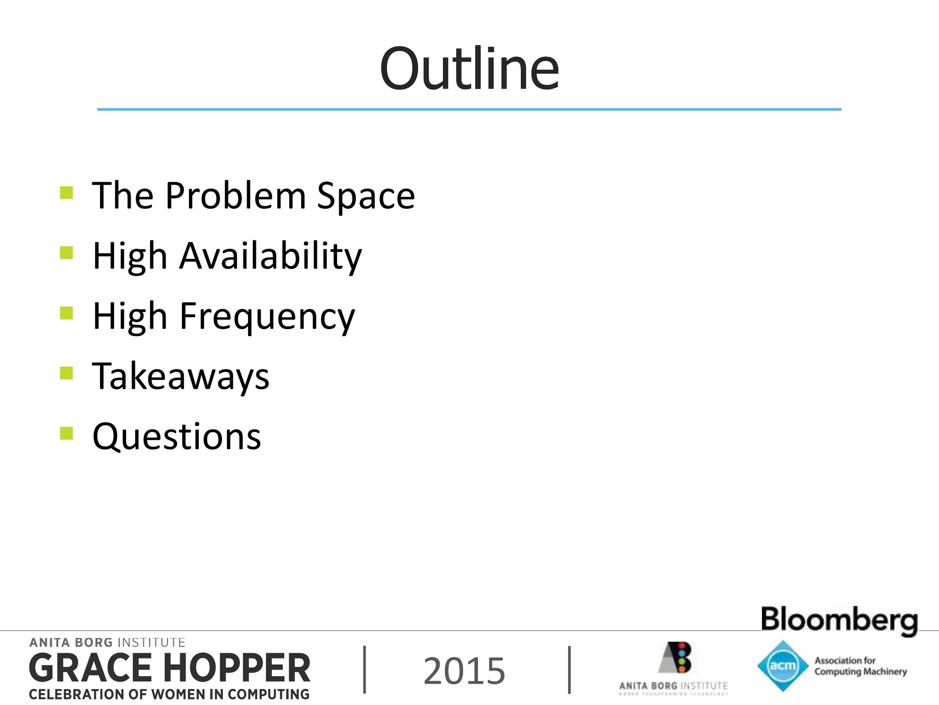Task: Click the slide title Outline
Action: click(469, 69)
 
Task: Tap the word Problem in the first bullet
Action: click(235, 196)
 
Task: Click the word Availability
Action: click(271, 256)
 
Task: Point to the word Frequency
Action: click(267, 317)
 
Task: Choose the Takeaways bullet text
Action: click(181, 376)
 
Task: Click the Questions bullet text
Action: click(177, 436)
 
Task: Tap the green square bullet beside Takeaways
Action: click(66, 373)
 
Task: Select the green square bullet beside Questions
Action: click(66, 433)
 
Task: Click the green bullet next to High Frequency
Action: click(66, 313)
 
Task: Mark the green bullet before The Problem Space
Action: click(66, 192)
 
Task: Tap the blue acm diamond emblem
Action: click(782, 666)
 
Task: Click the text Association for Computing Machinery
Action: click(860, 666)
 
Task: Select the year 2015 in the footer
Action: click(464, 671)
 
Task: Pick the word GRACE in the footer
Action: click(90, 668)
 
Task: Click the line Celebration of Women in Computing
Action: click(169, 694)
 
